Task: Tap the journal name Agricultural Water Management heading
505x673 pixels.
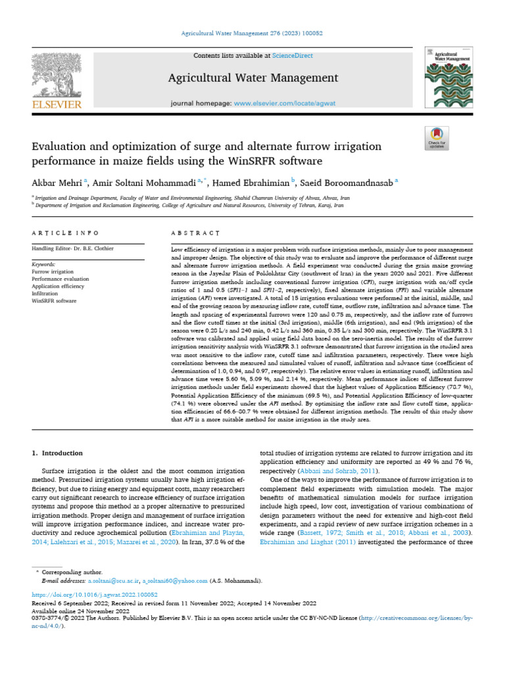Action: click(253, 78)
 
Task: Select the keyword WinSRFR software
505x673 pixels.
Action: click(54, 300)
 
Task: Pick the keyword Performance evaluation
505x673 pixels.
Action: click(60, 279)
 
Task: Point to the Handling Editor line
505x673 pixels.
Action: click(73, 249)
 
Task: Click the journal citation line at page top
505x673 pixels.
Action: click(252, 33)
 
